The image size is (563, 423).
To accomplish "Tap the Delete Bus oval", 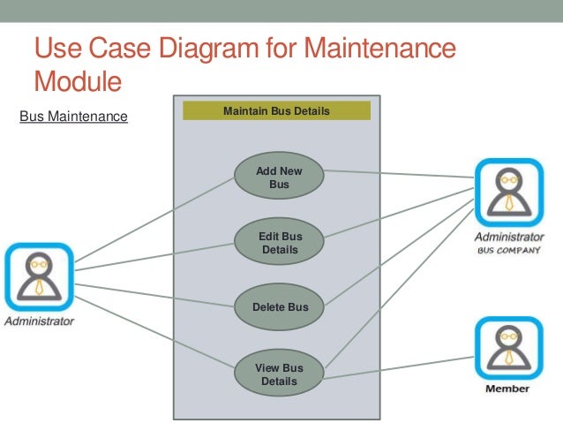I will click(280, 307).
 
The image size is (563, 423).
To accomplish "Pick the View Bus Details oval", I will click(279, 374).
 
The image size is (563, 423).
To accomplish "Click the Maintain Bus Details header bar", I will click(276, 111).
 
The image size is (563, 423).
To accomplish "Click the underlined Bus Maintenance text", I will click(73, 116).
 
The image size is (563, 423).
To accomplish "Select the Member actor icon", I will click(508, 348).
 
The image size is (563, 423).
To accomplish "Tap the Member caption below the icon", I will click(508, 389).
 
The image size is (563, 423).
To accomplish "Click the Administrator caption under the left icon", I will click(39, 321).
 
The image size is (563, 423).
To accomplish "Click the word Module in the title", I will click(77, 82).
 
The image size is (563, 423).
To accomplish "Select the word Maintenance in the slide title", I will click(381, 49).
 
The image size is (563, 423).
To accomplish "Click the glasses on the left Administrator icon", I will click(39, 262).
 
